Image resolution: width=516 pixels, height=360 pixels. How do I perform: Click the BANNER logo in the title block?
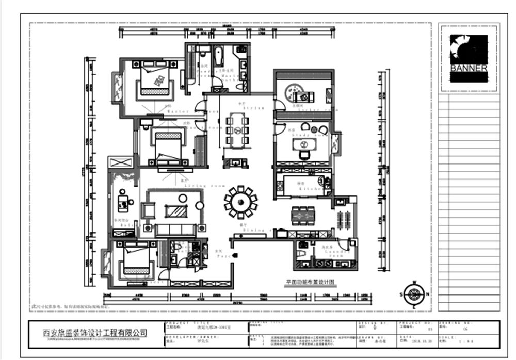(469, 58)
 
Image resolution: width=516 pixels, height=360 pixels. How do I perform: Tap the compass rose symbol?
(413, 294)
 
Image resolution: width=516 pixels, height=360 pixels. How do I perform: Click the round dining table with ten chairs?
(240, 202)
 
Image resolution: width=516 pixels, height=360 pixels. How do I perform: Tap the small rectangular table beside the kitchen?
(303, 216)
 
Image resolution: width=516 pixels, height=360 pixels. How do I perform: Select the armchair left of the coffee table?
(149, 210)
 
